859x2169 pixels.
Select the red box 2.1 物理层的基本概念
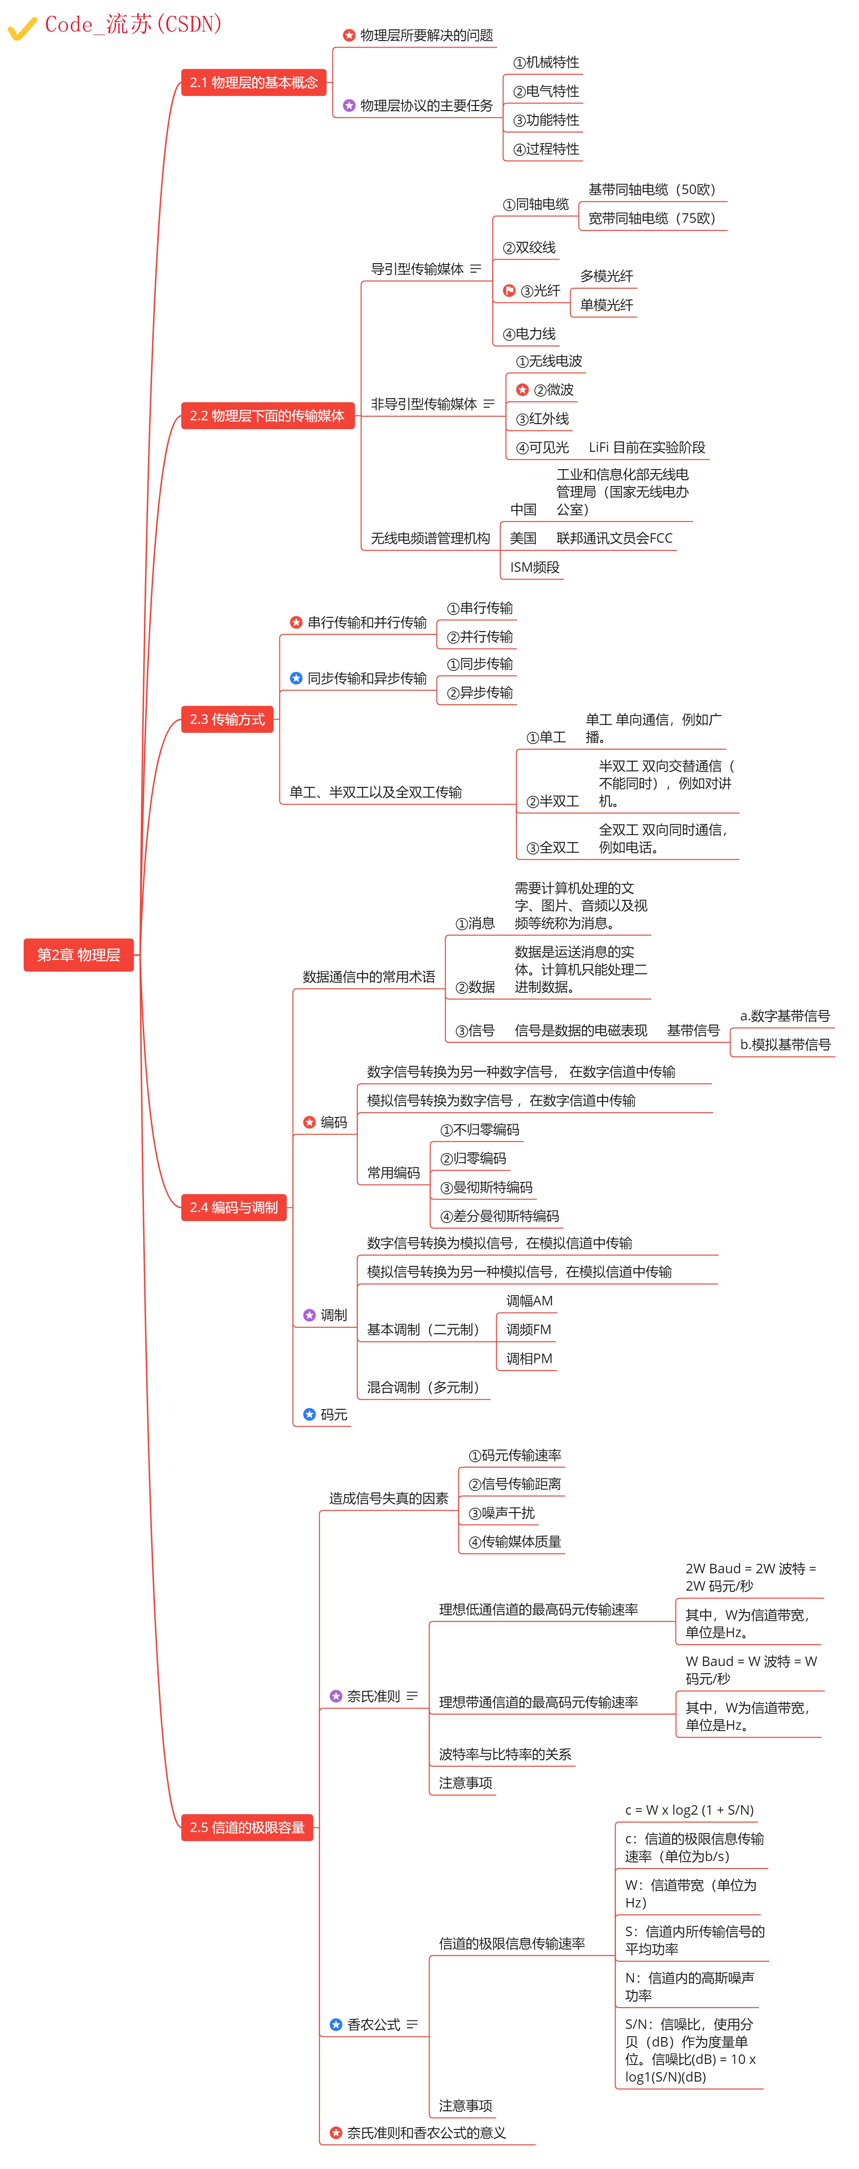coord(253,83)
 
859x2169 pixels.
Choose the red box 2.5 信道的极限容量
coord(247,1827)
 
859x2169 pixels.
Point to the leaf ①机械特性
coord(547,62)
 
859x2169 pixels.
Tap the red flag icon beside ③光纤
coord(509,291)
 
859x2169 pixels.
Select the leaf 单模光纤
coord(606,305)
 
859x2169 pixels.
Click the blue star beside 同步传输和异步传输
coord(296,678)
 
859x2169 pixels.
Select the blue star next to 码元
coord(309,1415)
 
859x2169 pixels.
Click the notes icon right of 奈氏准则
coord(412,1696)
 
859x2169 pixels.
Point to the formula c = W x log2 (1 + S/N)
coord(689,1810)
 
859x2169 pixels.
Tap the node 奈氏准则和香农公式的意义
coord(426,2133)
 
